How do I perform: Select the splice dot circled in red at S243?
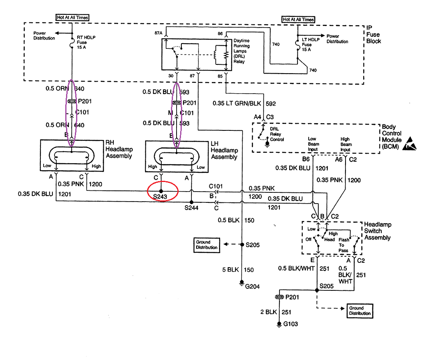click(161, 191)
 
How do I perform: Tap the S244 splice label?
click(191, 208)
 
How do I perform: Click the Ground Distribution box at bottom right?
click(360, 310)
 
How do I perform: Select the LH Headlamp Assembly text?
click(224, 151)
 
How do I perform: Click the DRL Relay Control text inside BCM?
click(277, 134)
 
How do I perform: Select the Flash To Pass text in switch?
click(344, 245)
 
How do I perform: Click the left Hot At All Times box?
click(72, 18)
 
